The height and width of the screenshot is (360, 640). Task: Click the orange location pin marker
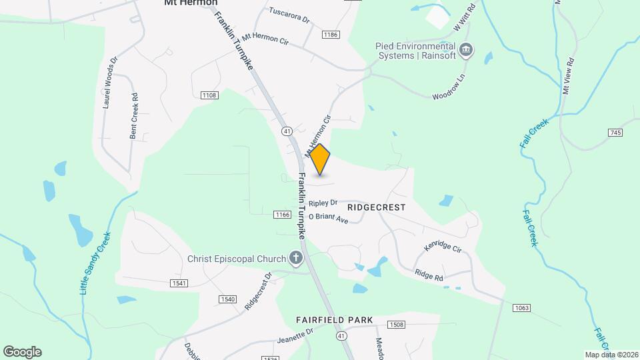[x=321, y=159]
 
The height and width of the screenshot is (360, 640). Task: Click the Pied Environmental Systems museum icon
[x=467, y=51]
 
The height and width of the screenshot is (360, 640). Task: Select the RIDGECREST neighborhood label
[x=376, y=207]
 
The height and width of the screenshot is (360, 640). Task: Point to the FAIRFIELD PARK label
[x=335, y=321]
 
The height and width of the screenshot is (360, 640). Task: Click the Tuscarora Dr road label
[x=290, y=15]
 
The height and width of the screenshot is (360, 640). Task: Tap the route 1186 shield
[x=330, y=34]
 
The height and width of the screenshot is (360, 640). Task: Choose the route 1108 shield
[x=209, y=95]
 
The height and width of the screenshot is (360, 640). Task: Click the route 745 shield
[x=615, y=133]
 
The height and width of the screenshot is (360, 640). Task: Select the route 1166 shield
[x=282, y=215]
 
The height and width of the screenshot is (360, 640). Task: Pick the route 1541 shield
[x=179, y=283]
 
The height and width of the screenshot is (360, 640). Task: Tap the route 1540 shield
[x=227, y=299]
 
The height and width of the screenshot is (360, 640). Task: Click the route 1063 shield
[x=521, y=307]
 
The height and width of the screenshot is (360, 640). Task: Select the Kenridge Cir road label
[x=443, y=247]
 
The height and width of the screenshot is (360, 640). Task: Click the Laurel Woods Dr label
[x=109, y=83]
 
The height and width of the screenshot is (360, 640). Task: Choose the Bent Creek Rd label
[x=135, y=117]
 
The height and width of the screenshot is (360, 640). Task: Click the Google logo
[x=22, y=352]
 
